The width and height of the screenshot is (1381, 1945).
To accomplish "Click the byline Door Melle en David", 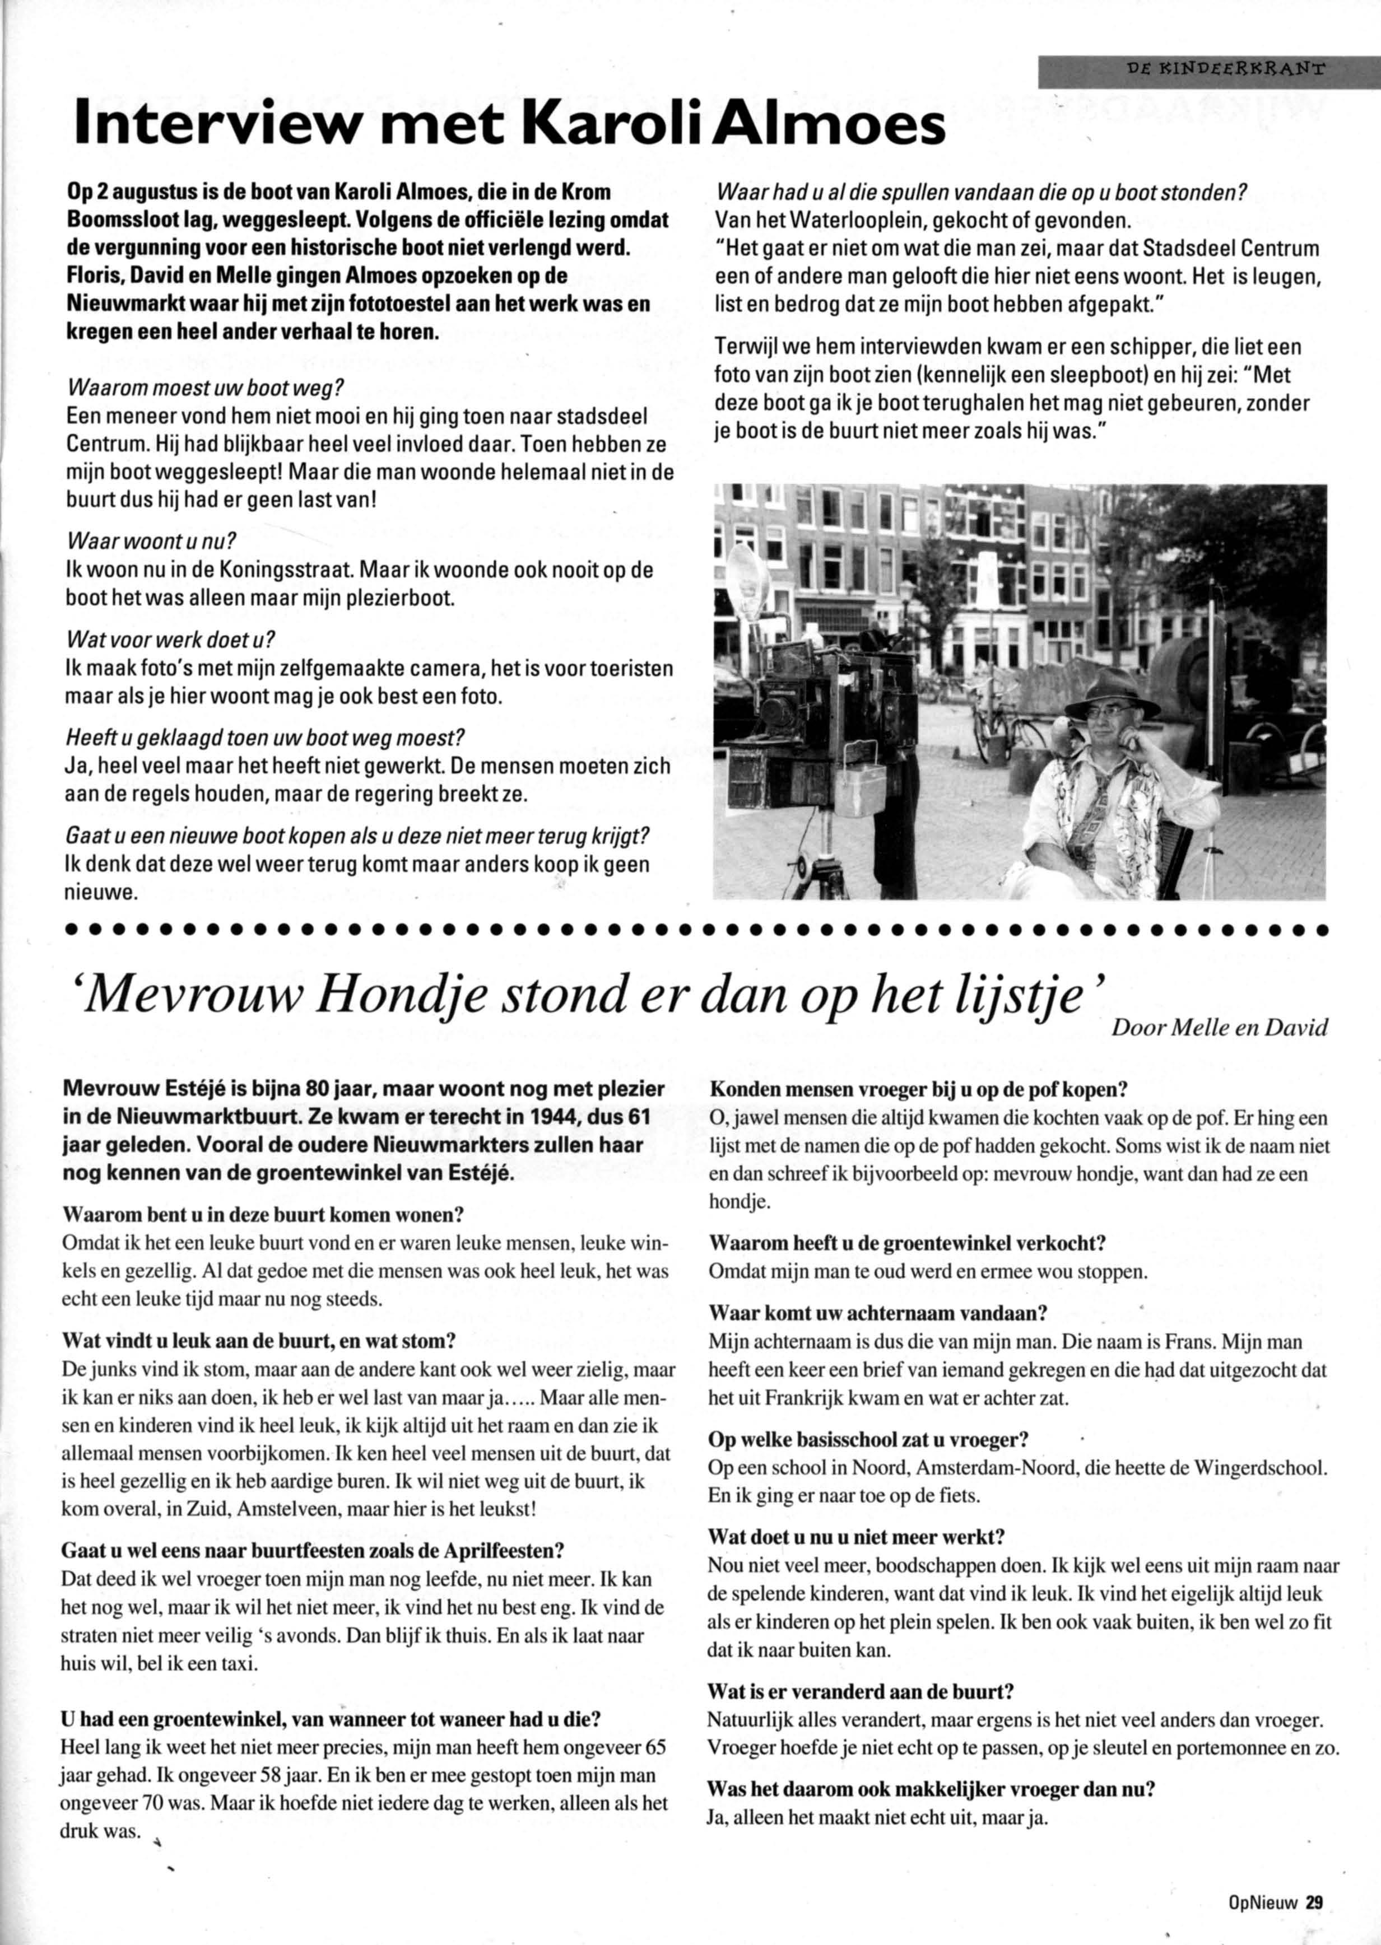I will [1219, 1029].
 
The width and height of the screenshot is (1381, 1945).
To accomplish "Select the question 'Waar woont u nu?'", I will [151, 542].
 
